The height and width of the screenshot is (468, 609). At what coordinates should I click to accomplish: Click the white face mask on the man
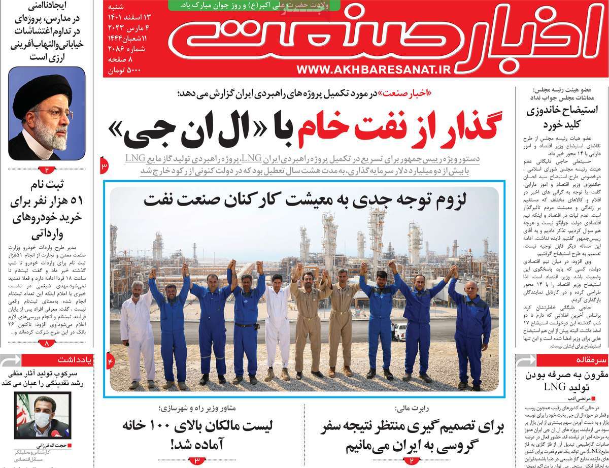click(43, 419)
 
